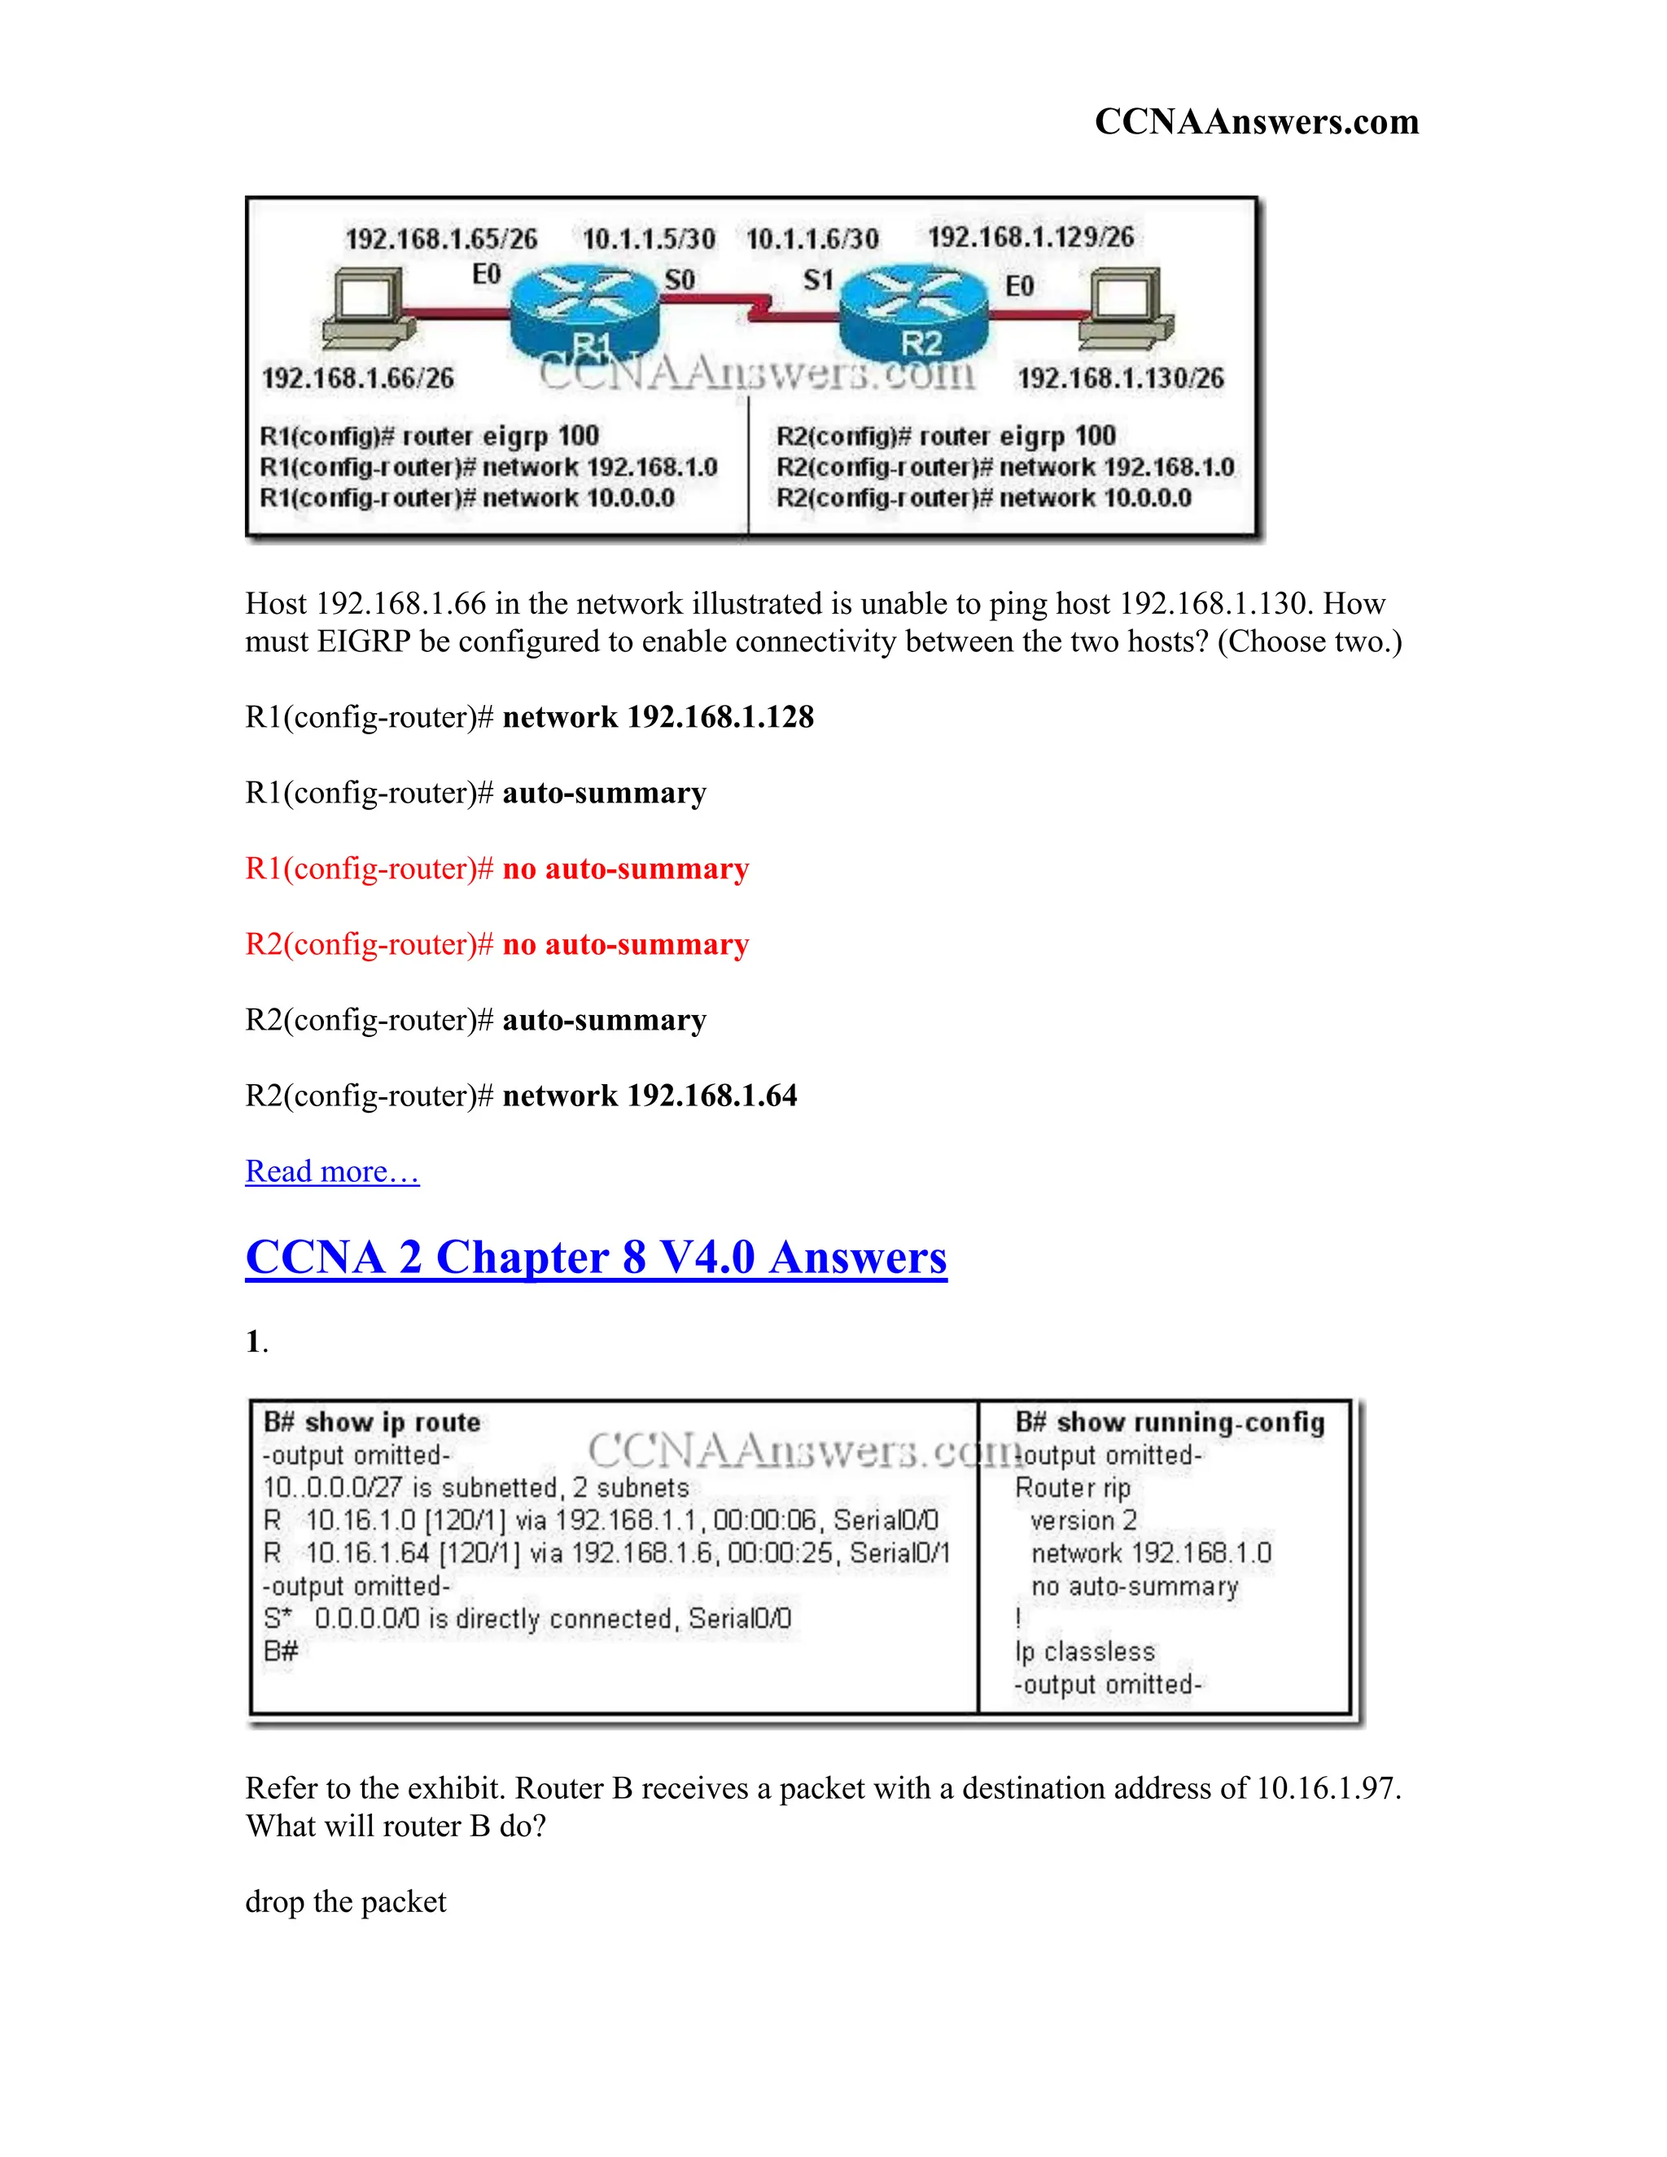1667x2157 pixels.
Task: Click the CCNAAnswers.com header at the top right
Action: point(1256,121)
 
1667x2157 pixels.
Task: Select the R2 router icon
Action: point(913,314)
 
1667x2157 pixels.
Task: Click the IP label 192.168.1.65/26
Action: point(441,239)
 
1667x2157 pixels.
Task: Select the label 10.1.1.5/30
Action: point(649,239)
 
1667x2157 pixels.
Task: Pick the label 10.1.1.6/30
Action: point(812,239)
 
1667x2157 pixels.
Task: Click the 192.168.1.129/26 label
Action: point(1030,237)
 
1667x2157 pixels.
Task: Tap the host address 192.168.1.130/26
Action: point(1120,378)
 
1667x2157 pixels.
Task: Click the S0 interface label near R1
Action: point(680,281)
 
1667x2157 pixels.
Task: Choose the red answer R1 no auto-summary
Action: point(497,869)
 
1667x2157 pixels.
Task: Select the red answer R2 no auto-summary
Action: point(497,945)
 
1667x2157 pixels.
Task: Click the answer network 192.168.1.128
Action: point(529,717)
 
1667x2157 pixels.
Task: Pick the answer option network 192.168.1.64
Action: point(520,1096)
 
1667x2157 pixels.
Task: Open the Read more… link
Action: point(332,1171)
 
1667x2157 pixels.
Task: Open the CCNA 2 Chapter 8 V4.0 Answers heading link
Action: point(596,1258)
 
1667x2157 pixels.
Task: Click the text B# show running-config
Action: point(1170,1422)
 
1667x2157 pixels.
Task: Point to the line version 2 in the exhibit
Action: point(1083,1521)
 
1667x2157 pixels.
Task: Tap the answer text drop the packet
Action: point(346,1902)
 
